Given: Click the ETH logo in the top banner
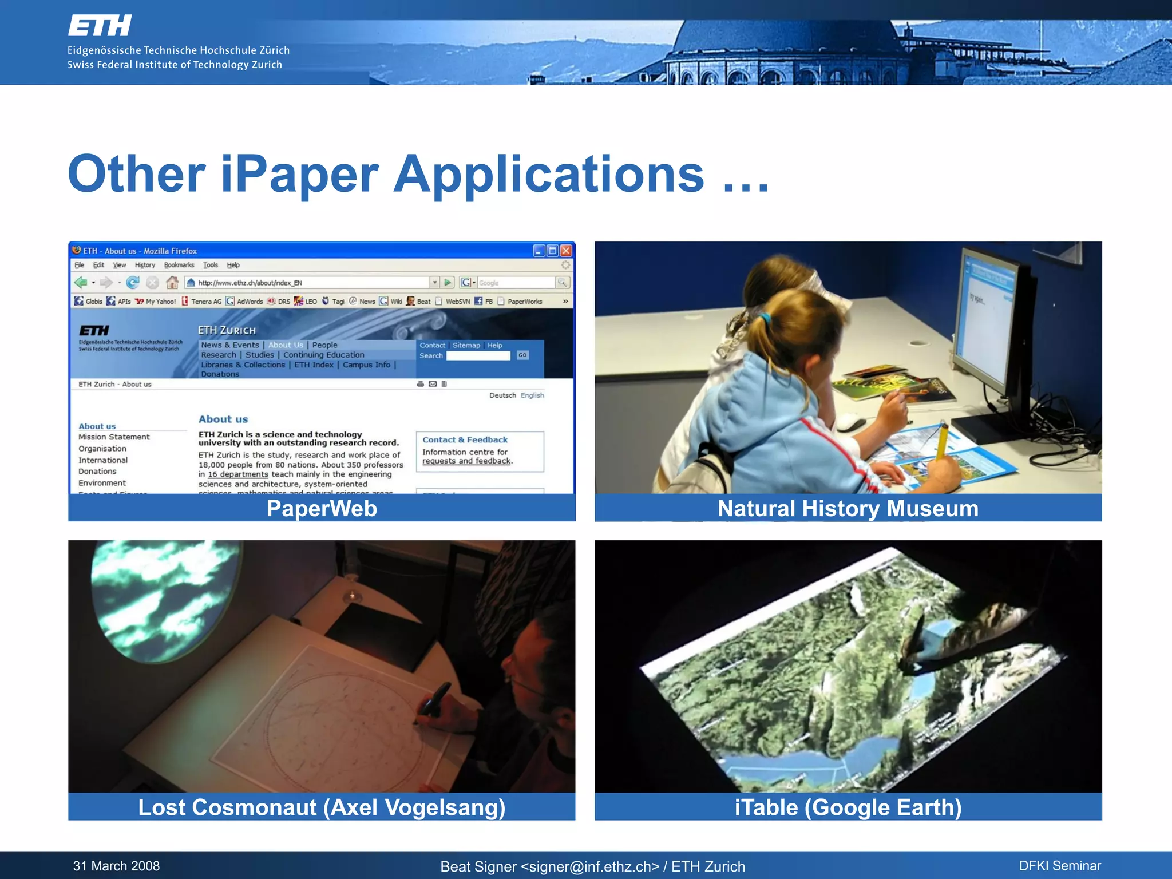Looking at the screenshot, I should pyautogui.click(x=100, y=26).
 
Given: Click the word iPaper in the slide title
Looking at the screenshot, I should pyautogui.click(x=299, y=175).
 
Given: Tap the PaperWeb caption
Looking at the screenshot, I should pyautogui.click(x=322, y=509).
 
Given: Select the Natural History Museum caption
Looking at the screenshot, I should pyautogui.click(x=848, y=509).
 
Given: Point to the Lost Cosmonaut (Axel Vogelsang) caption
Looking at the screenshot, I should pyautogui.click(x=322, y=807).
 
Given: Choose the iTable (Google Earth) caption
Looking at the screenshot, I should pyautogui.click(x=848, y=807).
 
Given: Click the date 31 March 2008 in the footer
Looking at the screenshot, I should pyautogui.click(x=116, y=866).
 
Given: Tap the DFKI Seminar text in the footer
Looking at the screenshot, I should pyautogui.click(x=1060, y=866).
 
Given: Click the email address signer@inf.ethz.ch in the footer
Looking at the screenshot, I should pyautogui.click(x=589, y=867).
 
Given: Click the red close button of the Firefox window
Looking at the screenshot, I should pyautogui.click(x=566, y=251).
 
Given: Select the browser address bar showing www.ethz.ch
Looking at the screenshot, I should pyautogui.click(x=309, y=283).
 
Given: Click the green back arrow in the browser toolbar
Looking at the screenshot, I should pyautogui.click(x=81, y=283).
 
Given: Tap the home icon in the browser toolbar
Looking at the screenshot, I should pyautogui.click(x=172, y=283).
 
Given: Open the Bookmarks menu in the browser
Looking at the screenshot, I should pyautogui.click(x=179, y=265).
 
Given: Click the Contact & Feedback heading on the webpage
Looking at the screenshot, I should pyautogui.click(x=465, y=439).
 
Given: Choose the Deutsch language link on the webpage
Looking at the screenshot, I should pyautogui.click(x=502, y=395).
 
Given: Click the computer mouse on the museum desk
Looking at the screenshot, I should pyautogui.click(x=851, y=424).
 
